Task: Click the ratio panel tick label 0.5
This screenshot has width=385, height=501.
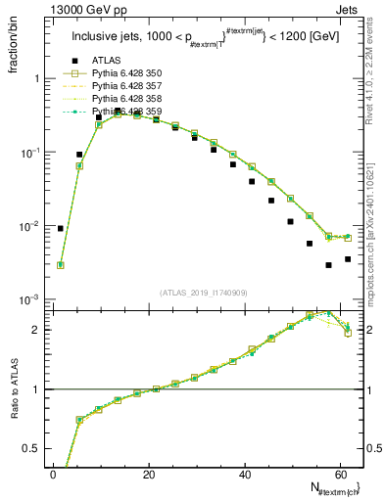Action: [x=37, y=448]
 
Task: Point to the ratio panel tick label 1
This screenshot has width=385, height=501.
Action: [x=40, y=389]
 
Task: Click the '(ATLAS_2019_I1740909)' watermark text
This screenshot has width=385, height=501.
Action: [x=204, y=292]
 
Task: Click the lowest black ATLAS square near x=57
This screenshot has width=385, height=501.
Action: [x=329, y=265]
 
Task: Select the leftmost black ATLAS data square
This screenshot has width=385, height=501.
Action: [x=61, y=228]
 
